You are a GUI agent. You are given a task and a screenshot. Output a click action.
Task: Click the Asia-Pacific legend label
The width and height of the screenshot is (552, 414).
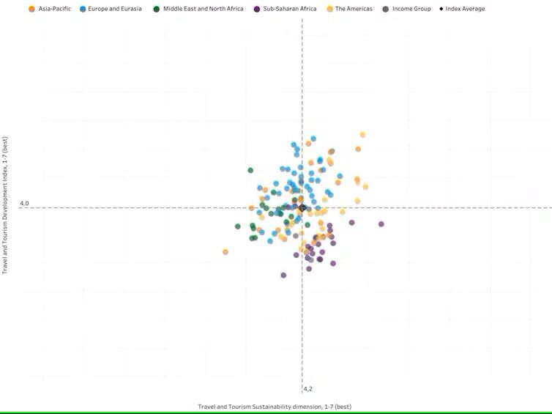click(x=55, y=9)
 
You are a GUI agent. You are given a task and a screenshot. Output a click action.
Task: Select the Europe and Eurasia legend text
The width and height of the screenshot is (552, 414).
click(x=115, y=9)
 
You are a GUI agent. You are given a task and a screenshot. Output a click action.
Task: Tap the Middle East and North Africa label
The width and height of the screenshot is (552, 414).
click(x=204, y=9)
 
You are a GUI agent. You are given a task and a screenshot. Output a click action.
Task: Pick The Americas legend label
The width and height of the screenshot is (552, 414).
click(x=354, y=9)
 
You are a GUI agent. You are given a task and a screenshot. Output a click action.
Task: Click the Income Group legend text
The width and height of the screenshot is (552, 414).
click(x=411, y=9)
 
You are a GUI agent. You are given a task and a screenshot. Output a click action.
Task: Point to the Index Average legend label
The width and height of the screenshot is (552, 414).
click(x=466, y=9)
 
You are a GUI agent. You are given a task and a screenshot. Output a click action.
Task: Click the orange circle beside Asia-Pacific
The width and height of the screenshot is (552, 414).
click(x=31, y=9)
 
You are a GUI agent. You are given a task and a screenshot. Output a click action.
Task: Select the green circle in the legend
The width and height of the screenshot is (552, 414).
click(x=157, y=9)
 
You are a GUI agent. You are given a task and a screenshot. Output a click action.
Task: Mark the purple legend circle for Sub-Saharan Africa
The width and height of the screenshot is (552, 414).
click(x=257, y=9)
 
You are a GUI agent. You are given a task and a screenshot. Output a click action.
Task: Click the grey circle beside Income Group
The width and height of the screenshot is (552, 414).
click(x=386, y=9)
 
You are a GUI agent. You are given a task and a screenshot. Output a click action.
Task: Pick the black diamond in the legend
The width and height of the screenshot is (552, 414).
click(x=441, y=9)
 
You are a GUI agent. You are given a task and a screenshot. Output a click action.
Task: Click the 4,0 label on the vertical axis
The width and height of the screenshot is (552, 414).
click(x=24, y=203)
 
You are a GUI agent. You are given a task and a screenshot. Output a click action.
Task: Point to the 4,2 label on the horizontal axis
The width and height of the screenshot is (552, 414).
click(x=308, y=389)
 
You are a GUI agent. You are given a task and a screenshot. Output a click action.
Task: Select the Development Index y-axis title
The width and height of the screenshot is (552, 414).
click(x=5, y=205)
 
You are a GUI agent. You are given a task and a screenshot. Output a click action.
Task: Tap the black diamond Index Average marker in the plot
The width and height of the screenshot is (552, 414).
click(x=302, y=208)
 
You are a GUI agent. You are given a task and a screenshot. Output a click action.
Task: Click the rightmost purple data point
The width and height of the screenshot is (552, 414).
click(x=381, y=224)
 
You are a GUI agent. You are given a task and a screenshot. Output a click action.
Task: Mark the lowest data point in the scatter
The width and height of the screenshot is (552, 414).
click(x=283, y=275)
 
